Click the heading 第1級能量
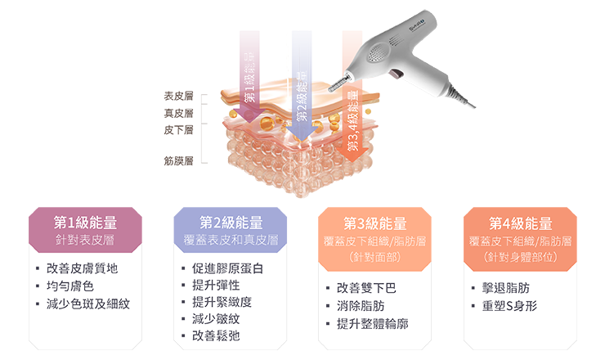click(x=85, y=223)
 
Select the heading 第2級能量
click(x=231, y=223)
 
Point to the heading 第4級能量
click(x=521, y=223)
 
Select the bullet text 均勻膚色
click(x=71, y=286)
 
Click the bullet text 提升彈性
click(x=216, y=286)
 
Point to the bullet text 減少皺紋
click(x=216, y=319)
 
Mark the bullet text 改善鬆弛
click(x=216, y=336)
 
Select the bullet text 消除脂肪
click(x=361, y=306)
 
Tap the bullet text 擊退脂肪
click(x=506, y=289)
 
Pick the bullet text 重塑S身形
click(x=509, y=306)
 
